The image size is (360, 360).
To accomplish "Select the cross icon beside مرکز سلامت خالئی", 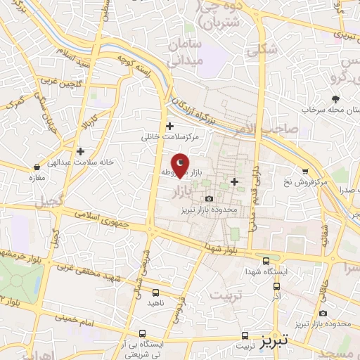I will coord(169,127).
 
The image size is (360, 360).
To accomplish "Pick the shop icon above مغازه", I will coord(37,167).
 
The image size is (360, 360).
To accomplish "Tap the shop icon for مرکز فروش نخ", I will coord(304,170).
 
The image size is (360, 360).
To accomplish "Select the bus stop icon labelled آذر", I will coord(276,287).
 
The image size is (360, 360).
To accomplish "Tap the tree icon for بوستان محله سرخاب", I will coord(335,99).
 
